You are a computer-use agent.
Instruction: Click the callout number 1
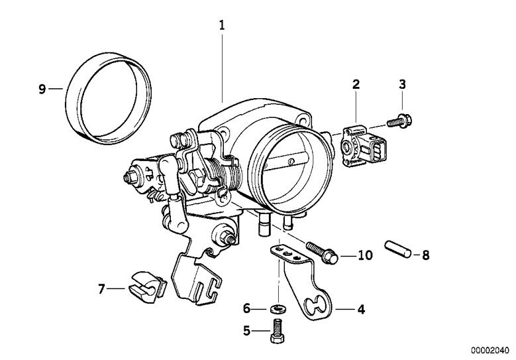point(222,25)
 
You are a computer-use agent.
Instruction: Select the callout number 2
point(356,84)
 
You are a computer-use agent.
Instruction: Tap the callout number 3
point(402,84)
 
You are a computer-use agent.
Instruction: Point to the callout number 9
point(42,89)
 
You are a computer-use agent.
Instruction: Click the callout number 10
point(364,255)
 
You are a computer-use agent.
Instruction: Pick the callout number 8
point(425,255)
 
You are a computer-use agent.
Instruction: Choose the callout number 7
point(101,289)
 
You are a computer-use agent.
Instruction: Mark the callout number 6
point(247,309)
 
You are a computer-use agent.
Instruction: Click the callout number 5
point(247,330)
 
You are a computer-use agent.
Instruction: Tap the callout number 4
point(361,309)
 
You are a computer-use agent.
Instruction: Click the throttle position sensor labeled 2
point(364,147)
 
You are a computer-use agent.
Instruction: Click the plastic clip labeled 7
point(148,287)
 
